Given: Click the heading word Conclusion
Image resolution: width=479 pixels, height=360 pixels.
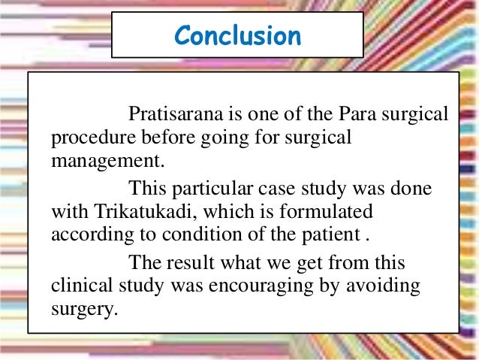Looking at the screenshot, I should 237,35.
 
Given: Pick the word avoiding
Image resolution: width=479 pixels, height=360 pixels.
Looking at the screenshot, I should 388,286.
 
